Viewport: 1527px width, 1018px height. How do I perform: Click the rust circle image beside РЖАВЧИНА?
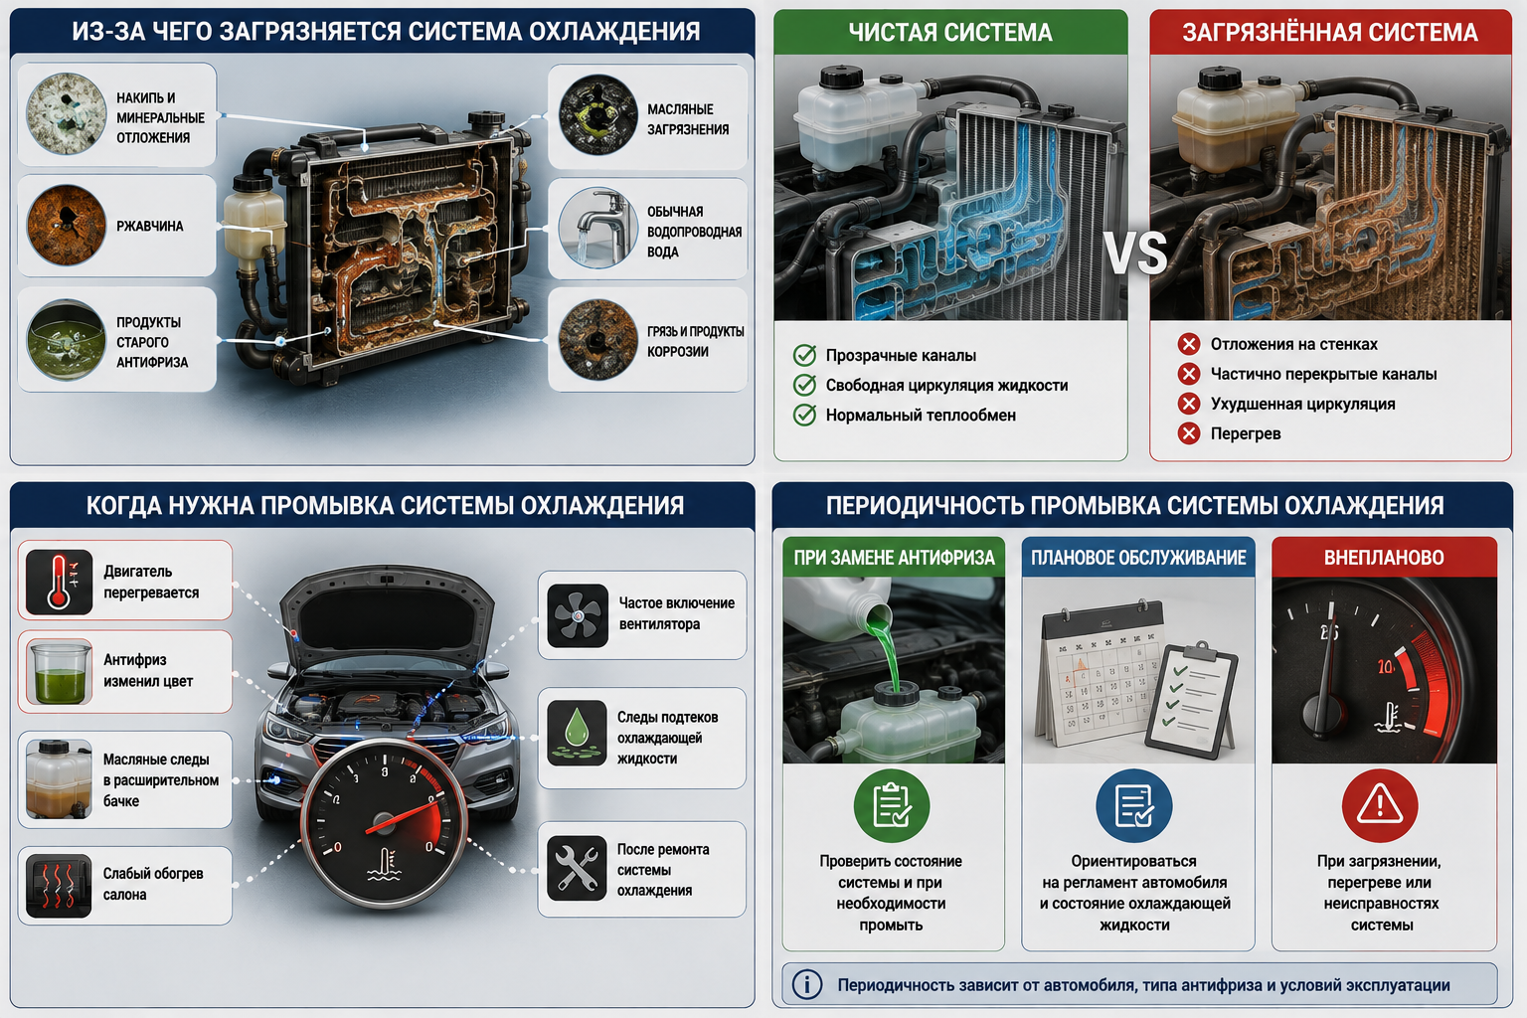pos(67,225)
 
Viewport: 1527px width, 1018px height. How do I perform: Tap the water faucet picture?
pos(598,228)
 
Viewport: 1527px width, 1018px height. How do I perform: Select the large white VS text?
pos(1135,254)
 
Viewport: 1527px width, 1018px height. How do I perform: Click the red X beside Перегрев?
pos(1189,433)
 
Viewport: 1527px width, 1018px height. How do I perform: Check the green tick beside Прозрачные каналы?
pos(804,355)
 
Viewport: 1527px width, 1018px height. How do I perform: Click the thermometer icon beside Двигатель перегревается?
pos(60,582)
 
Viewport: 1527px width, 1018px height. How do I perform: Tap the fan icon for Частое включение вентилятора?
pos(578,615)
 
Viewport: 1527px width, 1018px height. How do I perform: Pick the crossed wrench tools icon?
pos(577,868)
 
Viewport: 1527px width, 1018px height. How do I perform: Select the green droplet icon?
pos(577,733)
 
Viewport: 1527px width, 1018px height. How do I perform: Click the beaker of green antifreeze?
pos(60,672)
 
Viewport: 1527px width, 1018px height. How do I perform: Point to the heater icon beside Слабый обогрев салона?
pos(59,886)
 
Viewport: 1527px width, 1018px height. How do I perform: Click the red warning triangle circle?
pos(1380,805)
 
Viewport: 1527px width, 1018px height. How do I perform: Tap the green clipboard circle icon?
pos(892,805)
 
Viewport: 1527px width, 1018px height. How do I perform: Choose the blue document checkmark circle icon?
pos(1134,805)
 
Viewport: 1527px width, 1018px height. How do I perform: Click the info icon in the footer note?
pos(807,984)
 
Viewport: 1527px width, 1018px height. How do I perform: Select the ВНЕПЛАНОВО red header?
pos(1384,557)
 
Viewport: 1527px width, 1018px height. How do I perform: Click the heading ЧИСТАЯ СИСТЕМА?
pos(950,32)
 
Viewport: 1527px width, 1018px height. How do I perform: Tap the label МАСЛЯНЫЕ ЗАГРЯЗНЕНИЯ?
pos(688,119)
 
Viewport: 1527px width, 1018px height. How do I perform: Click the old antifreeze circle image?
pos(67,340)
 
